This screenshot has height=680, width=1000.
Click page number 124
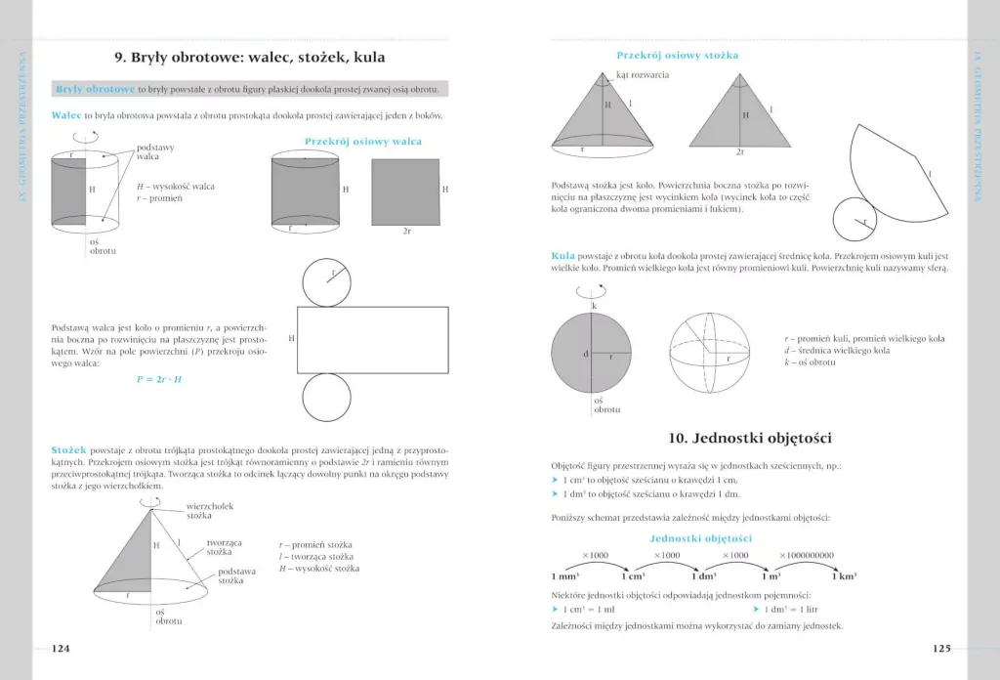(x=62, y=648)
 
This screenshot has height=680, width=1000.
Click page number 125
(x=940, y=648)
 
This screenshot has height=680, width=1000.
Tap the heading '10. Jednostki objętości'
(x=750, y=438)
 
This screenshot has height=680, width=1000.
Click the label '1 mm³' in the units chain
(x=566, y=575)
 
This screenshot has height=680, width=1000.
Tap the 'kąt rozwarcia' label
(x=643, y=75)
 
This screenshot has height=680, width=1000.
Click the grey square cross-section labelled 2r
(x=405, y=191)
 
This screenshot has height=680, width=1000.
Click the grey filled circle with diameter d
(x=593, y=356)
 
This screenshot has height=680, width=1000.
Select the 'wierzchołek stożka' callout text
(x=208, y=510)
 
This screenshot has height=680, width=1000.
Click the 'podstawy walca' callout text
(x=155, y=152)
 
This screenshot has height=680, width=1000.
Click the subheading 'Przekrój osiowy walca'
(x=363, y=142)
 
